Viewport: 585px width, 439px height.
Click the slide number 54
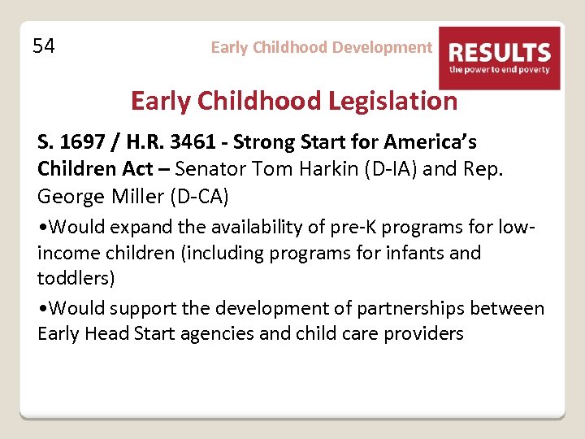pos(44,46)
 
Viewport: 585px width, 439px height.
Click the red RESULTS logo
pos(499,57)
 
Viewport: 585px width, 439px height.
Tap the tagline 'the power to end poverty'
pos(499,71)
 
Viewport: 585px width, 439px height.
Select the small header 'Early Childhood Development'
pos(321,47)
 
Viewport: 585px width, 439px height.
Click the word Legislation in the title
pos(393,101)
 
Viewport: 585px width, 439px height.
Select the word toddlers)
pos(76,278)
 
